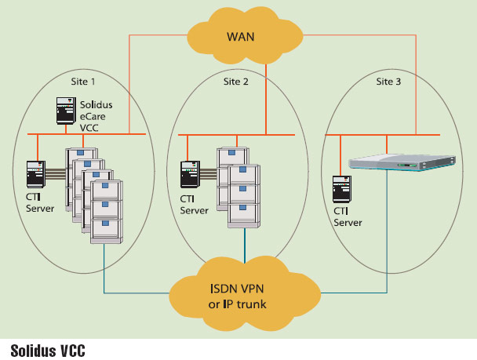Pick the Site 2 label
pyautogui.click(x=236, y=81)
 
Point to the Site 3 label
pyautogui.click(x=389, y=81)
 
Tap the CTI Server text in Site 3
pyautogui.click(x=348, y=216)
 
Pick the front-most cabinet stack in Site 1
pyautogui.click(x=106, y=210)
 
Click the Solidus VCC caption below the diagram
pyautogui.click(x=48, y=349)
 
